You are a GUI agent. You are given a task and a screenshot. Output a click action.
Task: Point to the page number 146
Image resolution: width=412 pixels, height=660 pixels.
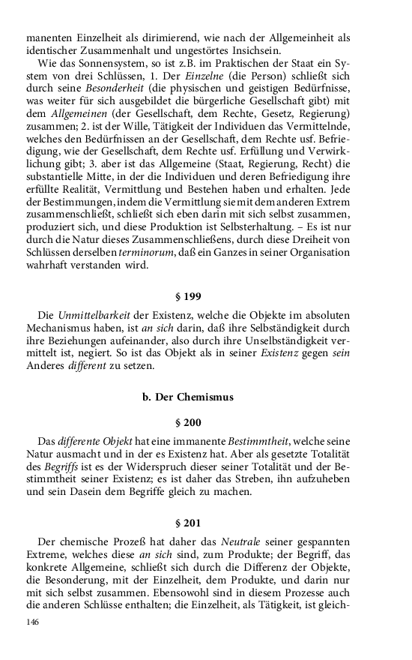[32, 622]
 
